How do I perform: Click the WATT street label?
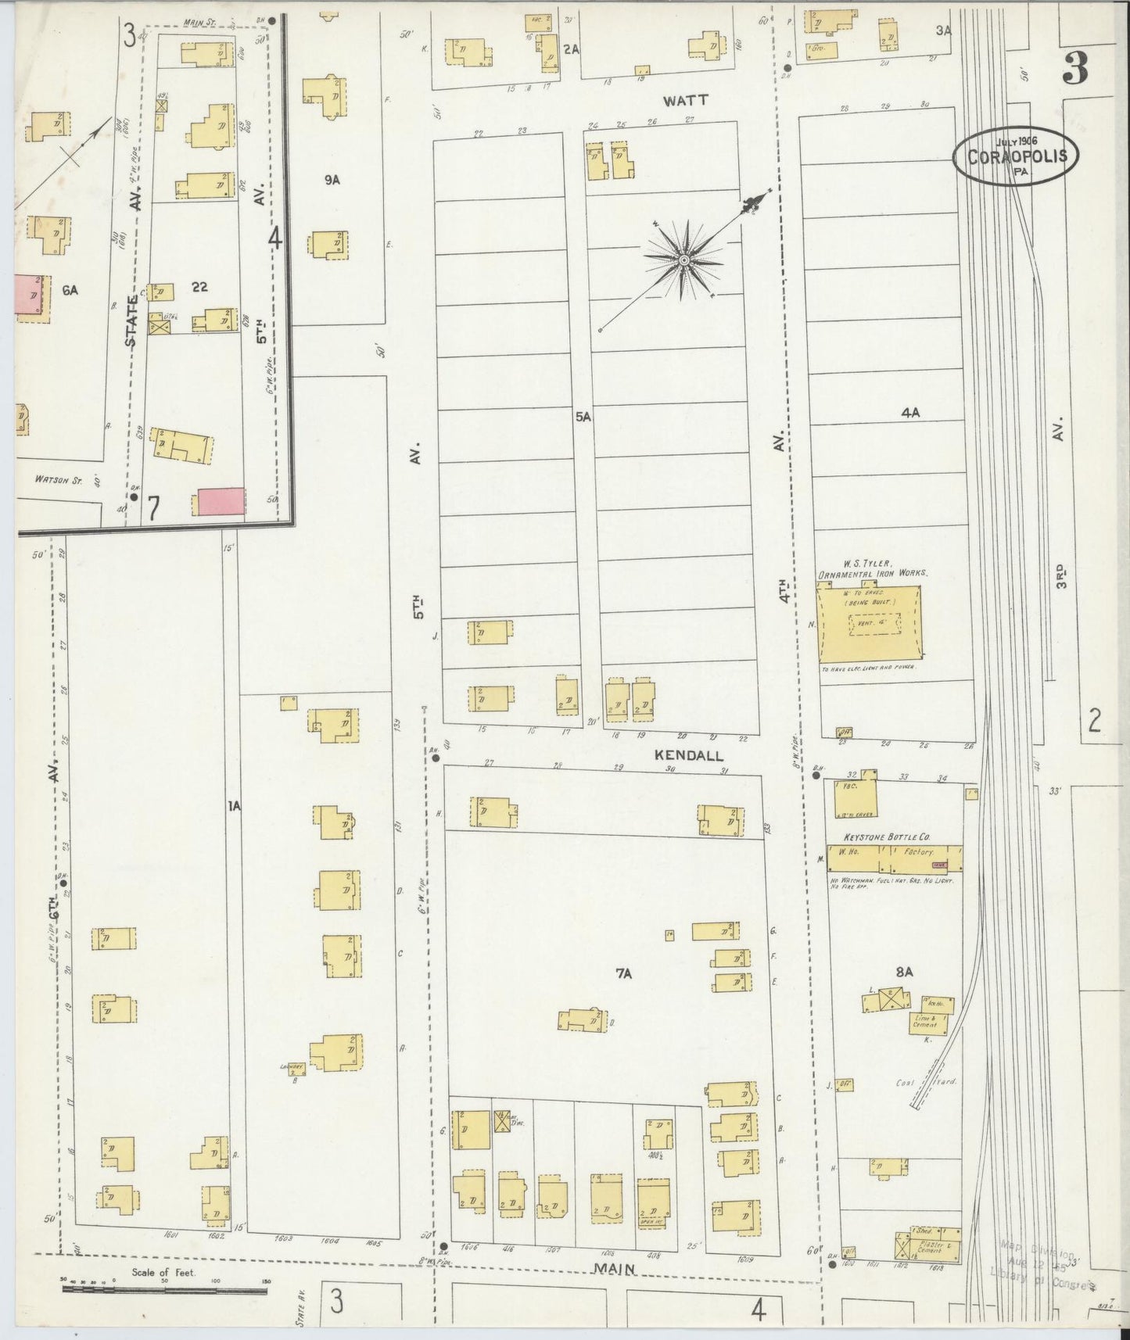click(x=686, y=100)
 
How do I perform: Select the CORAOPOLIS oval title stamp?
click(x=1016, y=156)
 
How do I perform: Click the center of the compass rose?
click(x=684, y=260)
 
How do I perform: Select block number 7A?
click(x=623, y=973)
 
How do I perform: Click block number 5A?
click(x=583, y=417)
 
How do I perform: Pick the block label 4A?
click(x=909, y=413)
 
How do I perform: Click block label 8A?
click(x=904, y=973)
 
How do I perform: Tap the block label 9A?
click(x=332, y=180)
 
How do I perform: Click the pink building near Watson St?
click(x=221, y=501)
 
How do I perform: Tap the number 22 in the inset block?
click(x=199, y=287)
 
